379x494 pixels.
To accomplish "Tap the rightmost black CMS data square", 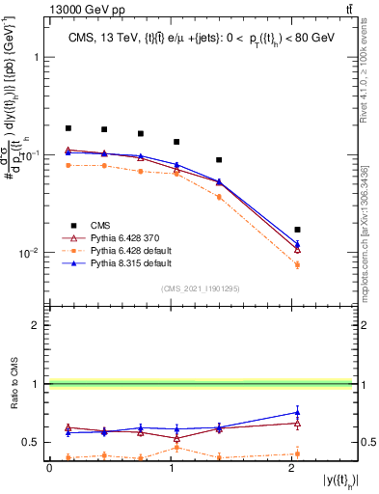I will (297, 230).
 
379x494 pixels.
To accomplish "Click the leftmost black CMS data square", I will (68, 128).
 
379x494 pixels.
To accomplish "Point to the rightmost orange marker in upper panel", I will (297, 264).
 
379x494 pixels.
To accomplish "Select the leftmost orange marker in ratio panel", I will (68, 457).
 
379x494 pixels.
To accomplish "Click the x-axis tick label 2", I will (293, 468).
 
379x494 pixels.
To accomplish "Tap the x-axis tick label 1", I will (172, 468).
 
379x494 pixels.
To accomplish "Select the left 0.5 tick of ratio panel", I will (35, 443).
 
